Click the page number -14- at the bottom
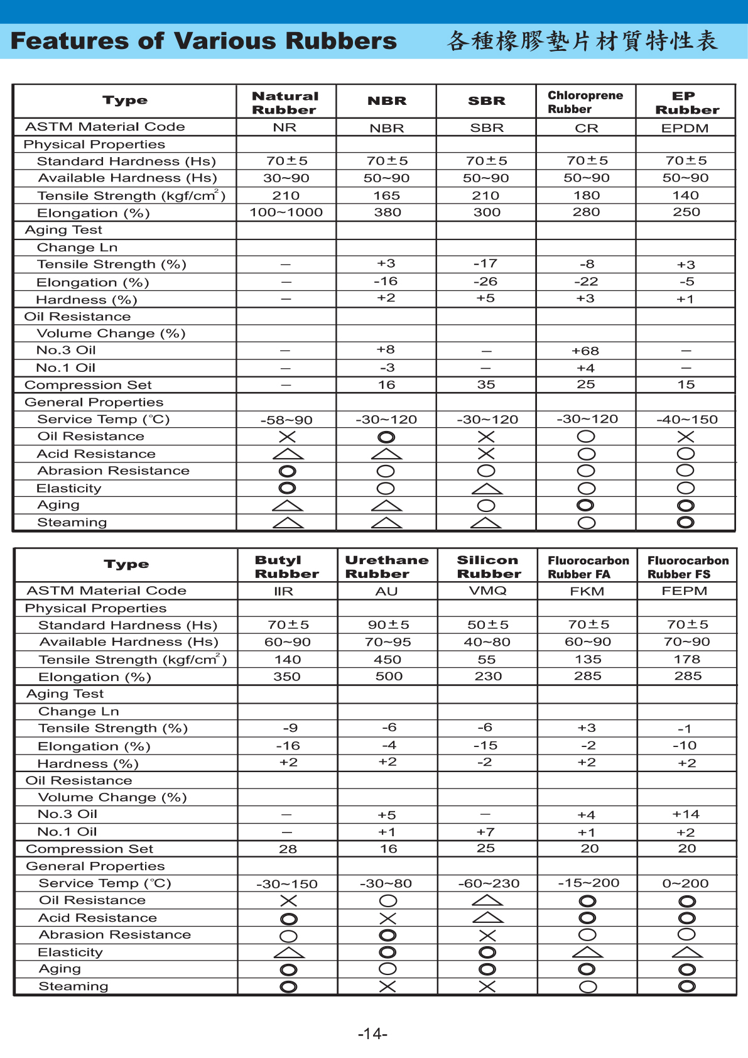[372, 1033]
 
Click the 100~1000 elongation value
[286, 212]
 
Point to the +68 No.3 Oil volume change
[585, 351]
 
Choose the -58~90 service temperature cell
[286, 420]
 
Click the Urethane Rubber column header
[387, 567]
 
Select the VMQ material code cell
[487, 591]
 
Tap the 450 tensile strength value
[388, 660]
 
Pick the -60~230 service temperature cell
[489, 883]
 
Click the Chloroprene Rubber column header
[585, 102]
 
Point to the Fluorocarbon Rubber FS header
[688, 567]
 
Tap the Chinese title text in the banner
[582, 41]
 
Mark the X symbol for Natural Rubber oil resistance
[287, 437]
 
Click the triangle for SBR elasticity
[487, 489]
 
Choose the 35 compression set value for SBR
[486, 384]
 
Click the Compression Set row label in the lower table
[89, 849]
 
